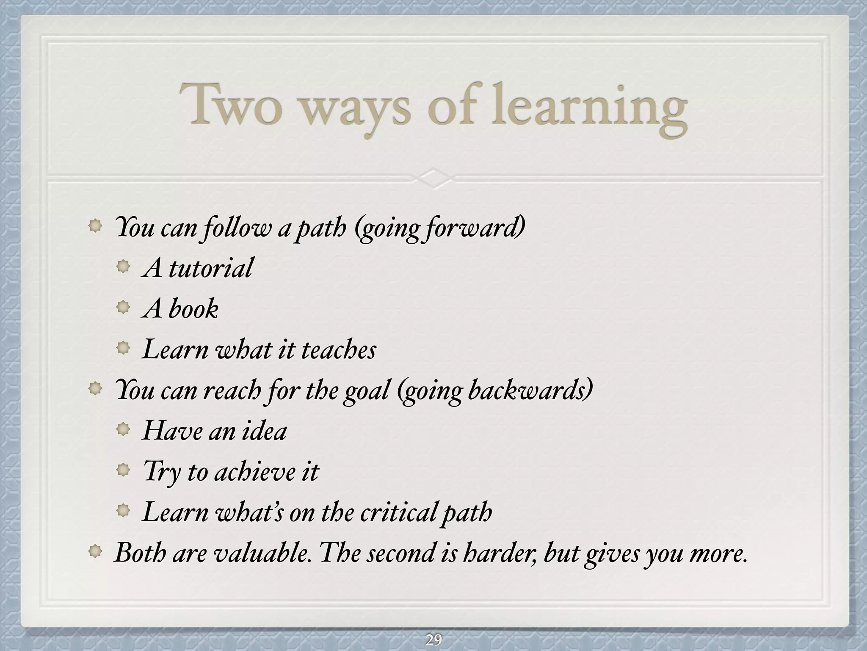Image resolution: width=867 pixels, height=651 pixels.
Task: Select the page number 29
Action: coord(433,640)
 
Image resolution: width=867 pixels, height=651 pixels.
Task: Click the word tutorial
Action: coord(210,268)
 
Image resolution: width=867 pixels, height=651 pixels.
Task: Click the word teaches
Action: coord(338,350)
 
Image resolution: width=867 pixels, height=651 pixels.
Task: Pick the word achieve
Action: coord(254,472)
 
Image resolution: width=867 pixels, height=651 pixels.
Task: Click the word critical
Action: coord(398,512)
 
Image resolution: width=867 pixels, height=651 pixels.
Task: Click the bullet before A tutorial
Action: coord(123,267)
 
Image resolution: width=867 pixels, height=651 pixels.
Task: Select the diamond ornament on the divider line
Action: coord(433,178)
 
